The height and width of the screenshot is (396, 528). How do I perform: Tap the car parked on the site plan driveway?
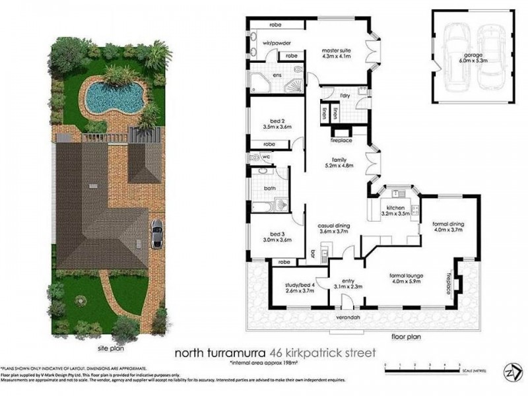157,234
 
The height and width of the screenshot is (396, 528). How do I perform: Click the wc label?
266,157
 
